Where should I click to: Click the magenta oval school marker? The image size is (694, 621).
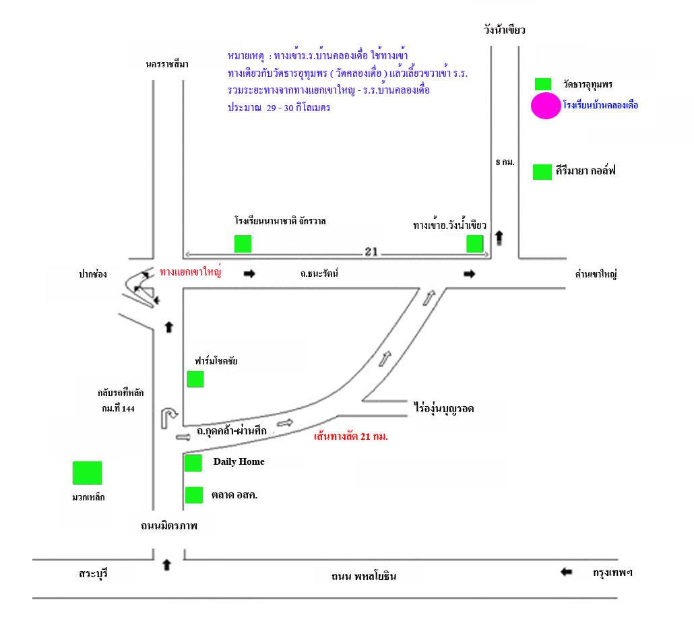tap(545, 106)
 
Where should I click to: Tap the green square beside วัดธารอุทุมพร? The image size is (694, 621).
tap(542, 84)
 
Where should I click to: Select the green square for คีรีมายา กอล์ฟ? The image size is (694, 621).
tap(542, 172)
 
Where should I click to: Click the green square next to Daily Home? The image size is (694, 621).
tap(193, 463)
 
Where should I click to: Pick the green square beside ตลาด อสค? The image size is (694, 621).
tap(194, 495)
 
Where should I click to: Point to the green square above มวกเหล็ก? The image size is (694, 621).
tap(87, 473)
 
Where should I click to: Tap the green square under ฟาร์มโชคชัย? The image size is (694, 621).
tap(195, 379)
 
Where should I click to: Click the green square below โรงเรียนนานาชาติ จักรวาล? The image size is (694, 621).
tap(243, 243)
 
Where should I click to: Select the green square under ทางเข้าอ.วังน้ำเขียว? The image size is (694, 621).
tap(475, 244)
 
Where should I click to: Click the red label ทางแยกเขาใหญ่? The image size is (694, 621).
tap(191, 272)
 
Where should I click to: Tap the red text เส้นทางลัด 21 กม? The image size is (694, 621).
tap(351, 436)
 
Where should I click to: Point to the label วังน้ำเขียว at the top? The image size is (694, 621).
tap(504, 30)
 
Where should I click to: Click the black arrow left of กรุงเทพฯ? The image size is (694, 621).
tap(566, 573)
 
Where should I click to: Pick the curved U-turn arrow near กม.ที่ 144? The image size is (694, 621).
tap(168, 418)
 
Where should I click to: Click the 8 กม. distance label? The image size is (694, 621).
tap(504, 162)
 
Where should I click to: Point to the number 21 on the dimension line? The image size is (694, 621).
tap(370, 253)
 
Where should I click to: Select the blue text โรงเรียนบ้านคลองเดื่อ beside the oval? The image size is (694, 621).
tap(600, 106)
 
